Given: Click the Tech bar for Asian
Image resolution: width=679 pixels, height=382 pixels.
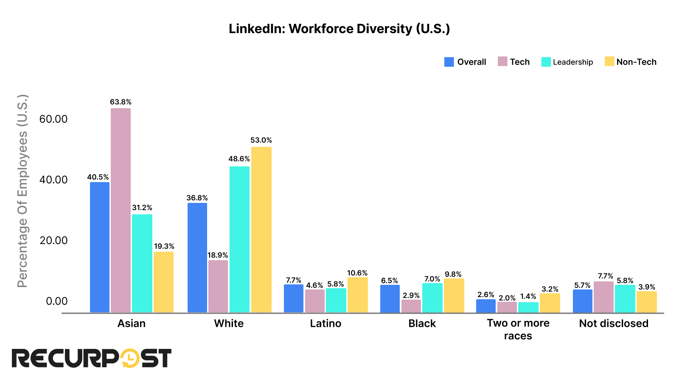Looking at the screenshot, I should click(121, 210).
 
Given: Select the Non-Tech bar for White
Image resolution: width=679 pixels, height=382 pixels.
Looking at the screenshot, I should click(261, 230).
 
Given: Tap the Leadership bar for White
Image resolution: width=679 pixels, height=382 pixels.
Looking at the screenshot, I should click(239, 239).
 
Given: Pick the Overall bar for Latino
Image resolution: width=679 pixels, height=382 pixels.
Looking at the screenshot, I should click(293, 298).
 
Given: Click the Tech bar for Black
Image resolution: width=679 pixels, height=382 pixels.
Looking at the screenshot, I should click(411, 306).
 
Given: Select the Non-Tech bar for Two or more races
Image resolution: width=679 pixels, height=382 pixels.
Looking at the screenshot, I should click(550, 303).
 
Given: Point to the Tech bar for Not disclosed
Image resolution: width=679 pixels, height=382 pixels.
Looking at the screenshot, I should click(603, 297).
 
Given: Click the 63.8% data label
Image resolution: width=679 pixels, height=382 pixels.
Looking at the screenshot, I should click(121, 102).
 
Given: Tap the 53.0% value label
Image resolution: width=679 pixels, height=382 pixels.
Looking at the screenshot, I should click(261, 140).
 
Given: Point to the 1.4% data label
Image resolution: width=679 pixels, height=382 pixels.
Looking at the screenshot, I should click(528, 296).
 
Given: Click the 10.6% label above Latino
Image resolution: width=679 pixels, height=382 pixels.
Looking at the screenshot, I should click(357, 273).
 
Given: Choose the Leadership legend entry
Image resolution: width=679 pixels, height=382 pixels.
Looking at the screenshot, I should click(567, 62).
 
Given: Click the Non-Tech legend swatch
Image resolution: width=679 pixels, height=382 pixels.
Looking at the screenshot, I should click(609, 62).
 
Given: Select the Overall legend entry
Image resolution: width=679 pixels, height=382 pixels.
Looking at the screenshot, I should click(465, 62).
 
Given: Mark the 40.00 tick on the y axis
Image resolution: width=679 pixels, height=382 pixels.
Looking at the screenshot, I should click(53, 180).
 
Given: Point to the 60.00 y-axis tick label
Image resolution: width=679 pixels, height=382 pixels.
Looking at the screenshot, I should click(53, 119).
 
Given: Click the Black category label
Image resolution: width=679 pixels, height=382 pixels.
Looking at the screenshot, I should click(422, 323).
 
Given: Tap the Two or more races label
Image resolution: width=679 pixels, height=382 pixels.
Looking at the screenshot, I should click(518, 329).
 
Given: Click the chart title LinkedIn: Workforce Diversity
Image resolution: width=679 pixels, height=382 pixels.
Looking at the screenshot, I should click(339, 28).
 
